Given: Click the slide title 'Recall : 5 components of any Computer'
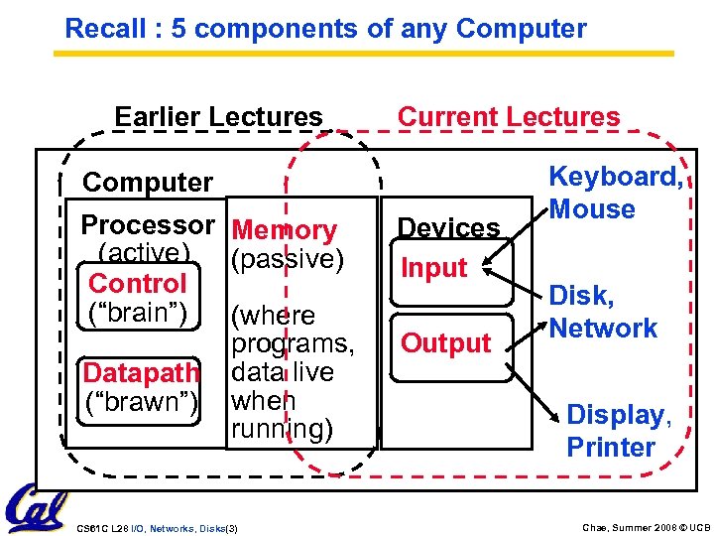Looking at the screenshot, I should click(325, 29).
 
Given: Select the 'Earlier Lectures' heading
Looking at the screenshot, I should click(218, 117).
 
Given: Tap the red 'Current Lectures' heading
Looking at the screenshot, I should click(508, 117).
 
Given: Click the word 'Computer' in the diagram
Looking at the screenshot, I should click(147, 183).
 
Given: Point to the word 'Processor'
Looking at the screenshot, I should click(147, 225).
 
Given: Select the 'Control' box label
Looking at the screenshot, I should click(137, 284).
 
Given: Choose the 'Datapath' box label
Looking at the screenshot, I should click(141, 373).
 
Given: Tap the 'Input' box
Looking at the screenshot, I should click(433, 268).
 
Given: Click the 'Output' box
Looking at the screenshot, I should click(445, 343).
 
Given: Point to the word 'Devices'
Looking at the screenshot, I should click(448, 228).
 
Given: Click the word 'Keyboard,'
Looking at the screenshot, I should click(616, 177).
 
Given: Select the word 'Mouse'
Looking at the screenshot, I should click(592, 209).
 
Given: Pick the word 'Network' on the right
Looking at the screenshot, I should click(603, 329).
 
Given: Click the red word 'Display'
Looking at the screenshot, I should click(616, 415).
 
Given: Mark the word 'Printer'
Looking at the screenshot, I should click(611, 448).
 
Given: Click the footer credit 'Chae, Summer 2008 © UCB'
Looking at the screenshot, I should click(646, 528).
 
